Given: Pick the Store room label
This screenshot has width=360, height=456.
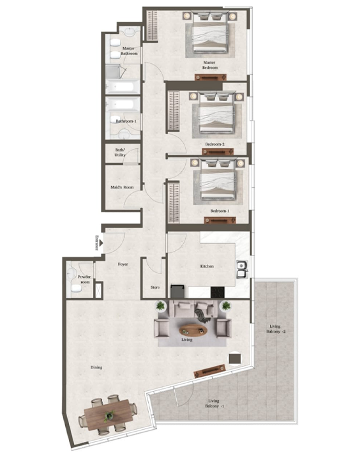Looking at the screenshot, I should [154, 287].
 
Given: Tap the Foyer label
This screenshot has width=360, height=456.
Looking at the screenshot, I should [124, 264].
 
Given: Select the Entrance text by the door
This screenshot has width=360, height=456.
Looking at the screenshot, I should [96, 243].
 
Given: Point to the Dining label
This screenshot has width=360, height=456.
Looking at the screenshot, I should [96, 367].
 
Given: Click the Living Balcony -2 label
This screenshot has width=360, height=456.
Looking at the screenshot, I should [276, 329].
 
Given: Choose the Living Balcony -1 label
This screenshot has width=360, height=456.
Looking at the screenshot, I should [213, 404].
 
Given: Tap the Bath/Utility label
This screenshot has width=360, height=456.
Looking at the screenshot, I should [121, 154].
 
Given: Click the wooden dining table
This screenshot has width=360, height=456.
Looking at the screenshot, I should [108, 417].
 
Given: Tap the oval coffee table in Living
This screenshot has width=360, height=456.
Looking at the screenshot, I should [193, 329].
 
